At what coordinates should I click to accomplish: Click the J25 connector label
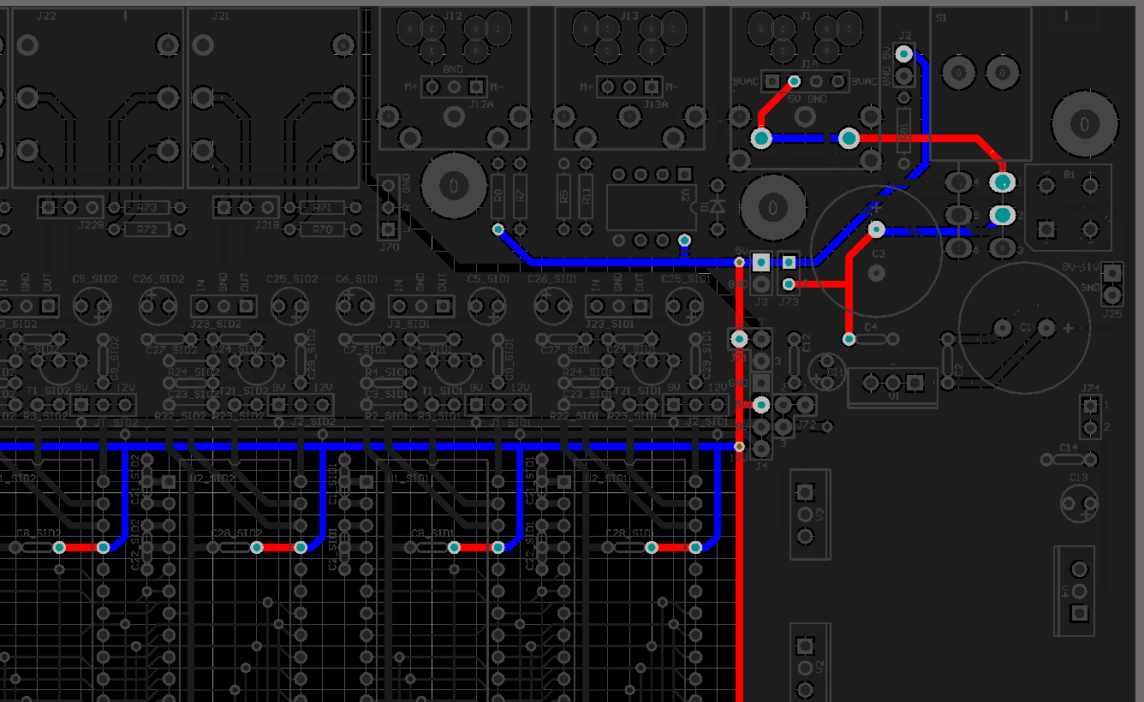1112,313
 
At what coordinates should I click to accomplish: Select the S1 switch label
942,17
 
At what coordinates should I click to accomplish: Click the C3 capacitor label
879,254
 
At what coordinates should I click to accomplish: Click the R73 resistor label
147,208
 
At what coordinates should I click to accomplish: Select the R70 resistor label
322,229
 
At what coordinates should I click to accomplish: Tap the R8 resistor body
498,195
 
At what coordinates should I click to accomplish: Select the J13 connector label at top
629,16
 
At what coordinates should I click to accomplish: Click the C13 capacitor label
1078,478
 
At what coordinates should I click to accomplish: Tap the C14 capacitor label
1069,448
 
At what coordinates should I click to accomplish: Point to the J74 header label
1090,388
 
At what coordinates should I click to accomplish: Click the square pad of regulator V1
915,381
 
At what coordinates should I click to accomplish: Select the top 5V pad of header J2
903,54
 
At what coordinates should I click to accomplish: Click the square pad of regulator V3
804,492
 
